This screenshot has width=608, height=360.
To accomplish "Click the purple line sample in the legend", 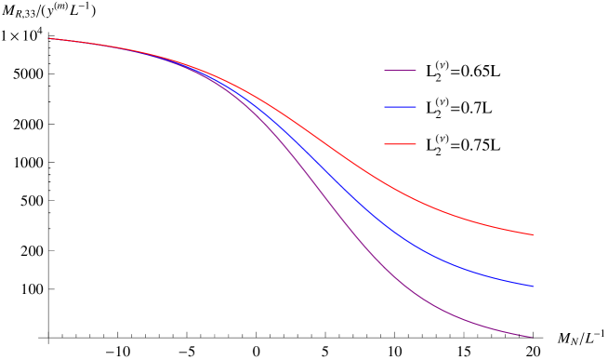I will pos(400,70).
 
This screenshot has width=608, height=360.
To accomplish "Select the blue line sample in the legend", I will pos(400,107).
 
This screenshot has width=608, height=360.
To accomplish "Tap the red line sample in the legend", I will pos(400,144).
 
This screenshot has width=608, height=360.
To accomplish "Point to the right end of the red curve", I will pos(533,234).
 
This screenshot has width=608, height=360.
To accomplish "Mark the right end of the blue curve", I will pos(533,287).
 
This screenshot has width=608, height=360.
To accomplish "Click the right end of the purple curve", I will pos(533,337).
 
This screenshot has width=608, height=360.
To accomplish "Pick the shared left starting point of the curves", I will pos(49,38).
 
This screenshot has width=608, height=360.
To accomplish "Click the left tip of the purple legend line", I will pos(385,70).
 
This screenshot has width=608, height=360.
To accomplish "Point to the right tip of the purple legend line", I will pos(416,70).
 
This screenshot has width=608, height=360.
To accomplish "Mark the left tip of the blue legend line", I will pos(385,107).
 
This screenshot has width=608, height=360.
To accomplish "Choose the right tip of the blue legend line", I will pos(416,107).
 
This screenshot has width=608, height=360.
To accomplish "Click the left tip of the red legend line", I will pos(385,144).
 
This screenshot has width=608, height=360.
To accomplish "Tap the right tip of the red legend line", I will pos(416,144).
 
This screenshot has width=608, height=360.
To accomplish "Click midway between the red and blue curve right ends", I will pos(533,260).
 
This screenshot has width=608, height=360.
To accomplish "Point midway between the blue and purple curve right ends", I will pos(533,312).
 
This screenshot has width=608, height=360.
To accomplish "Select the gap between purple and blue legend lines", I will pos(400,88).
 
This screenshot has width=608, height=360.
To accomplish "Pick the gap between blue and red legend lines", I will pos(400,126).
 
